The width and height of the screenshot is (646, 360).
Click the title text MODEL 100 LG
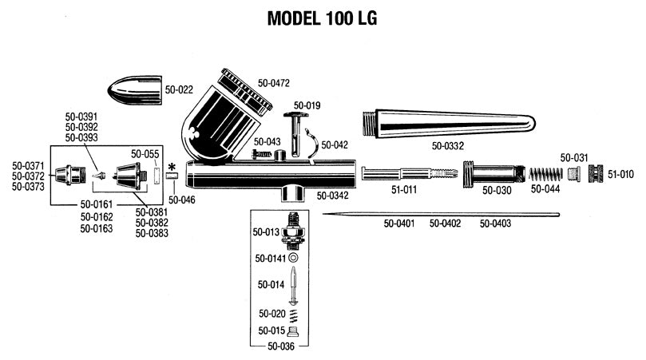322,18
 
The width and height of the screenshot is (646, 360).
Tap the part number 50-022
180,90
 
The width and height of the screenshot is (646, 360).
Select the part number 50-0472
273,83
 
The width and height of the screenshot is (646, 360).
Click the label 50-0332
449,146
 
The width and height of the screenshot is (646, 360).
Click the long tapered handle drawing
447,123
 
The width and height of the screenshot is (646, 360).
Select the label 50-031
574,157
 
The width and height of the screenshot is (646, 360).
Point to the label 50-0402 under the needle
446,224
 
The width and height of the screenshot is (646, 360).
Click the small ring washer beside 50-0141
295,259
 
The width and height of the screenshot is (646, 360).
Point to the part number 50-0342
333,195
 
